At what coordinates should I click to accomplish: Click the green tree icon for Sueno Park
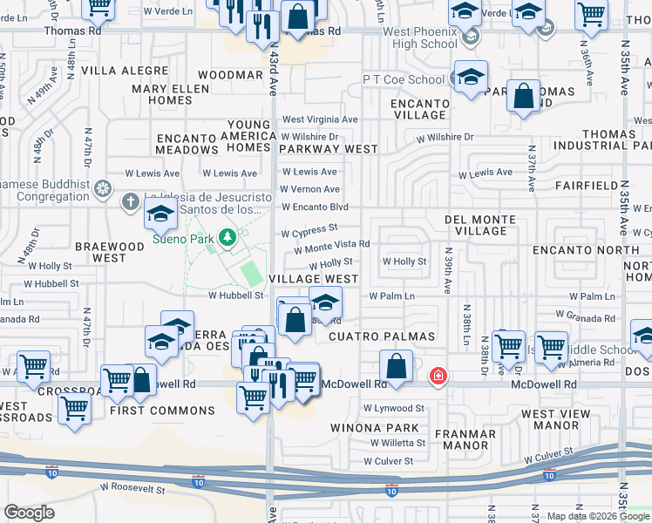[x=228, y=237]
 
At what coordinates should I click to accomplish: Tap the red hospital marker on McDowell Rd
[x=438, y=377]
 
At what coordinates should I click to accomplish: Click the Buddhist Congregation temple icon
[x=103, y=188]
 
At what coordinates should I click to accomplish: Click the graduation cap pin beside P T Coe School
[x=471, y=78]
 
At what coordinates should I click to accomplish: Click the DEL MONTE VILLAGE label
[x=480, y=226]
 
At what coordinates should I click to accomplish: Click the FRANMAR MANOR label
[x=470, y=439]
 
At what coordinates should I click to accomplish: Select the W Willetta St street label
[x=395, y=443]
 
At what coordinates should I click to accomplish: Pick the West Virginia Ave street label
[x=319, y=119]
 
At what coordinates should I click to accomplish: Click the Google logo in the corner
[x=29, y=513]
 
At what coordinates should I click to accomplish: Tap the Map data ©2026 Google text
[x=598, y=516]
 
